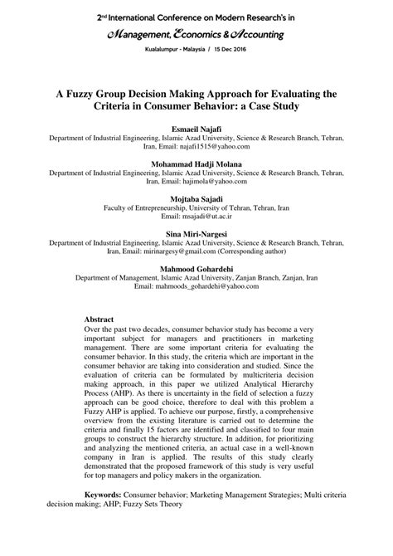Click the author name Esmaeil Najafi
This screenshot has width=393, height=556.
tap(196, 130)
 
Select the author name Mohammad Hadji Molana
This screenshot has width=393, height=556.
tap(196, 164)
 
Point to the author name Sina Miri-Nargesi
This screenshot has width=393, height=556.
tap(196, 235)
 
